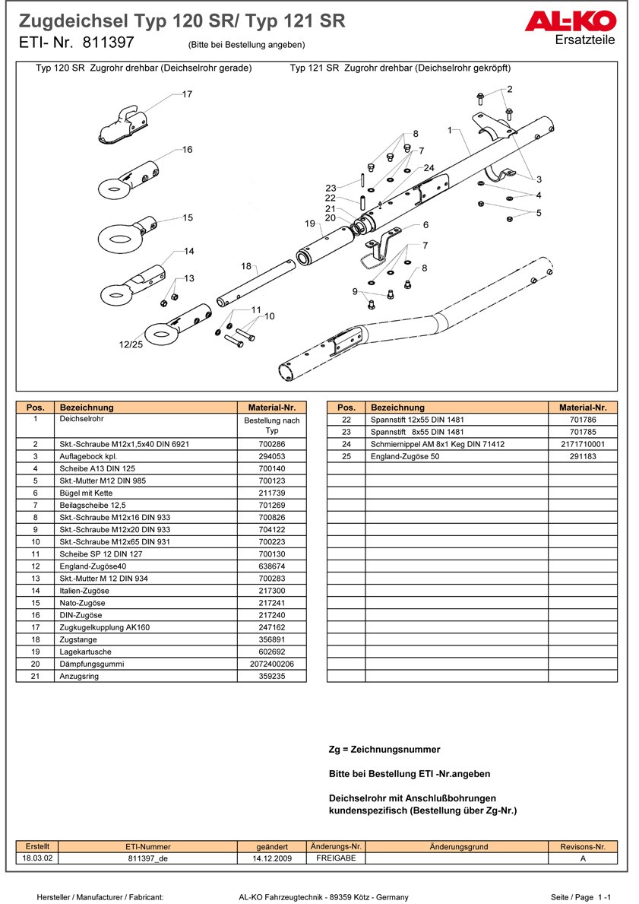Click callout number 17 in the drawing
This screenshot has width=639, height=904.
pos(187,94)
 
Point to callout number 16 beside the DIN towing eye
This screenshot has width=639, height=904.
pos(187,150)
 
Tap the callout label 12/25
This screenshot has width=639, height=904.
pos(131,344)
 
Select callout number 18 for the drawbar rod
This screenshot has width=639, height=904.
pos(246,266)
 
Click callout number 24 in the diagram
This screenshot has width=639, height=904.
pos(429,168)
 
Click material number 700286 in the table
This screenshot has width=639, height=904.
pos(272,444)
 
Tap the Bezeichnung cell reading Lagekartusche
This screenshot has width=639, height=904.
pos(85,652)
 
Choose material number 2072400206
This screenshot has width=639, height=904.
pos(272,664)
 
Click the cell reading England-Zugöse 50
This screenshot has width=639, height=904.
pos(404,456)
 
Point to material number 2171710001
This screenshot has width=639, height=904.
pos(583,444)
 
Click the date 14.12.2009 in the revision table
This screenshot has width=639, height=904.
pos(272,858)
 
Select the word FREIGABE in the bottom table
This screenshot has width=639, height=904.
pos(335,858)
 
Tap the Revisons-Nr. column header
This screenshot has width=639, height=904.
pos(582,847)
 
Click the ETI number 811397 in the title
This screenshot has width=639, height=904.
pos(107,43)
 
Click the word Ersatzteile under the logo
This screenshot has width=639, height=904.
pos(585,40)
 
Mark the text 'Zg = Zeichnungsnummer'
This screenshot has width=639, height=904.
pos(384,750)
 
